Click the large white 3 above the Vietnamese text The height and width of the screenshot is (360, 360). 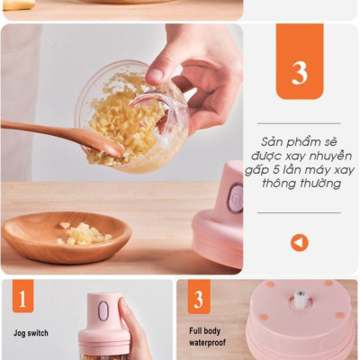tap(300, 73)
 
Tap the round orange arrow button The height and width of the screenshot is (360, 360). tap(300, 243)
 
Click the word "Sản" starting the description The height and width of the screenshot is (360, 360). tap(272, 142)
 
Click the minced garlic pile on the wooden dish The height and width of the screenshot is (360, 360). tap(84, 234)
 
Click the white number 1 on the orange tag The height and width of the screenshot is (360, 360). tap(22, 299)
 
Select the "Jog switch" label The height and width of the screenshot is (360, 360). tap(31, 333)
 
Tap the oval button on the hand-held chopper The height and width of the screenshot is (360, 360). tap(103, 310)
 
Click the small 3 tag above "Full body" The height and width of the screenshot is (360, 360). tap(198, 297)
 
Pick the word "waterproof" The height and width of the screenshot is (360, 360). tap(207, 342)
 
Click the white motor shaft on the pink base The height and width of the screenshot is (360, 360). tap(299, 298)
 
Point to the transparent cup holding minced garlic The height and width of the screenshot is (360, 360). tap(132, 117)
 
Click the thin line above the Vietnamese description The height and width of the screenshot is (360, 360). tap(299, 123)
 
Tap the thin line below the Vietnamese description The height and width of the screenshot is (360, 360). tap(299, 212)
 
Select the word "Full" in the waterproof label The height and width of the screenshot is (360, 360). tap(195, 331)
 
